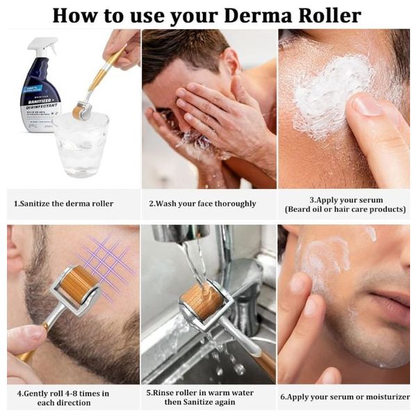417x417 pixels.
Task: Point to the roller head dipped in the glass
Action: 81,111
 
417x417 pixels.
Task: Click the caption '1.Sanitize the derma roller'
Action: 63,204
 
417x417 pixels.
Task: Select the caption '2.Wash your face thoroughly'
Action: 202,204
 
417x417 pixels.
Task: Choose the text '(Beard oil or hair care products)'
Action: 345,209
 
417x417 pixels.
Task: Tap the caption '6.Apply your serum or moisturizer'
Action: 345,398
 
